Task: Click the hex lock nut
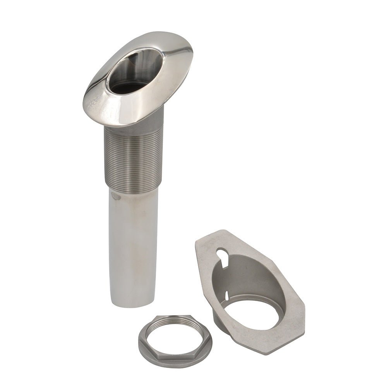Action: (x=175, y=341)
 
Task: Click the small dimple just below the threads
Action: (x=113, y=196)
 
